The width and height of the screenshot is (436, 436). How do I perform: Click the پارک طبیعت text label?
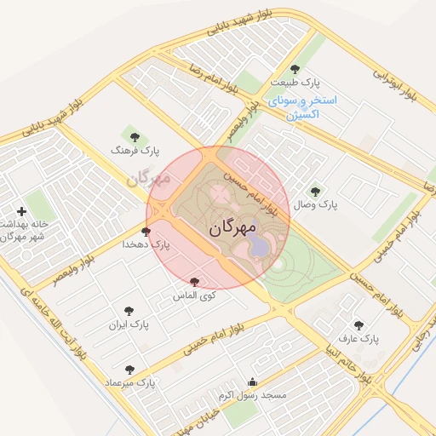290,83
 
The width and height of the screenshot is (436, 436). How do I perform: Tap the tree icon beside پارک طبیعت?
295,69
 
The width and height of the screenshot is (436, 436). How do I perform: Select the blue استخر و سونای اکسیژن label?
302,106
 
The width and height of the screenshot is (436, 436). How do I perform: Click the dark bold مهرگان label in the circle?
231,228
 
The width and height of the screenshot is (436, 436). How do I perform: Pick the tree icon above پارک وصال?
316,192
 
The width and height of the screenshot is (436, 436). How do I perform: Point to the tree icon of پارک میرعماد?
129,370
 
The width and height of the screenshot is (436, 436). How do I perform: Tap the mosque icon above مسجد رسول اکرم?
252,382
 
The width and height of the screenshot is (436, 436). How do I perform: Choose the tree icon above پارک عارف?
358,324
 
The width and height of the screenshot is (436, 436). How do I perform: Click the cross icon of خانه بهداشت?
21,211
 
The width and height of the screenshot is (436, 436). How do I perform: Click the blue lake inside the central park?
256,248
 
